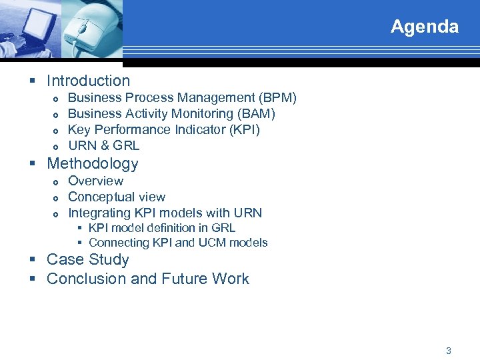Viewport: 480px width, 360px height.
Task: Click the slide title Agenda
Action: click(x=424, y=27)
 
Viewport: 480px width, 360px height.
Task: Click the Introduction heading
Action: click(x=88, y=81)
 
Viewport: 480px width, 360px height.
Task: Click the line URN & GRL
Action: click(x=103, y=146)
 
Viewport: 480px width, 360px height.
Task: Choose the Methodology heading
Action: click(x=92, y=163)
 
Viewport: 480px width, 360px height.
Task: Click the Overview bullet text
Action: click(x=95, y=181)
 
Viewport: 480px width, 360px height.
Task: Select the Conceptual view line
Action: click(x=117, y=197)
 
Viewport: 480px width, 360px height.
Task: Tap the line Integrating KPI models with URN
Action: click(x=165, y=213)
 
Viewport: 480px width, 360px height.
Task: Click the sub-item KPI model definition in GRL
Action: click(x=161, y=228)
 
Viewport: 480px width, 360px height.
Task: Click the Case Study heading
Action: click(x=87, y=259)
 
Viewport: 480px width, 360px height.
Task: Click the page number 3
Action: click(x=448, y=350)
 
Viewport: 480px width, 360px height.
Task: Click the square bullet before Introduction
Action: click(x=33, y=81)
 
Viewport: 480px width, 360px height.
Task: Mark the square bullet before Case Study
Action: click(x=33, y=260)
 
